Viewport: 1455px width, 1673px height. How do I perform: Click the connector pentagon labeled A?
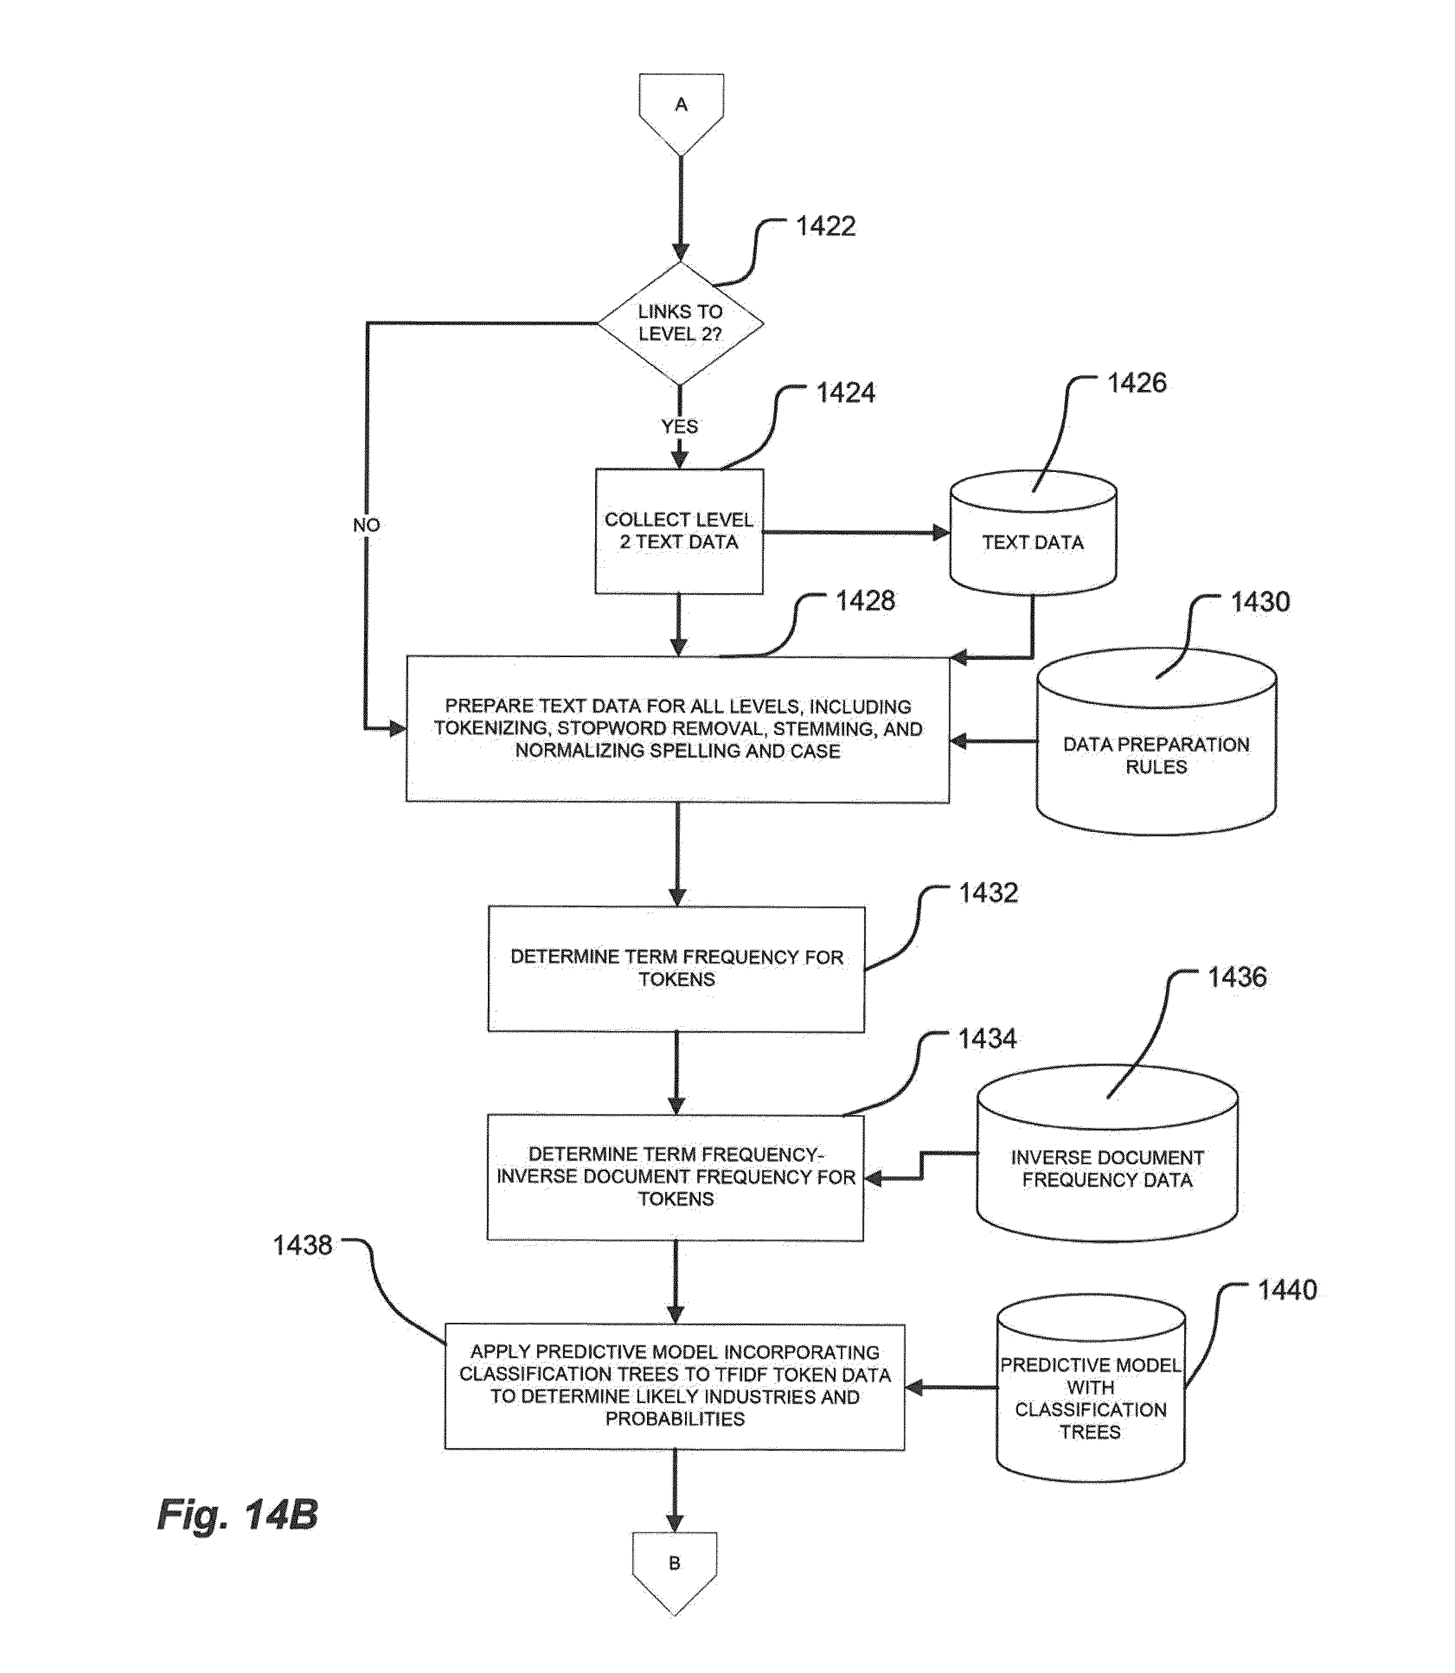[681, 110]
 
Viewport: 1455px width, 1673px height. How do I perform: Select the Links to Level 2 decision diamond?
[680, 323]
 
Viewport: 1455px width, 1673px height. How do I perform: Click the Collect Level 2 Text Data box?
[679, 531]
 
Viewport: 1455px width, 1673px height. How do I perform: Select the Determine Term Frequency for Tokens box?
[676, 969]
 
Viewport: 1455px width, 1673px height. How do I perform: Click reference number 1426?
[1137, 382]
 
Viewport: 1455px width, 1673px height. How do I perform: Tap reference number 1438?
[302, 1245]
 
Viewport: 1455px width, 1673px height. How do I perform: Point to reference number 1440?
[1287, 1290]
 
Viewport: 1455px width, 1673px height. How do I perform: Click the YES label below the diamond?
[679, 426]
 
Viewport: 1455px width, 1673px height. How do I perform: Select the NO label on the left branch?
[366, 526]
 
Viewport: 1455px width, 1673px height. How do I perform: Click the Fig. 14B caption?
[237, 1514]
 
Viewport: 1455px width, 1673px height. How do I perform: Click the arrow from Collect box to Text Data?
[856, 532]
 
